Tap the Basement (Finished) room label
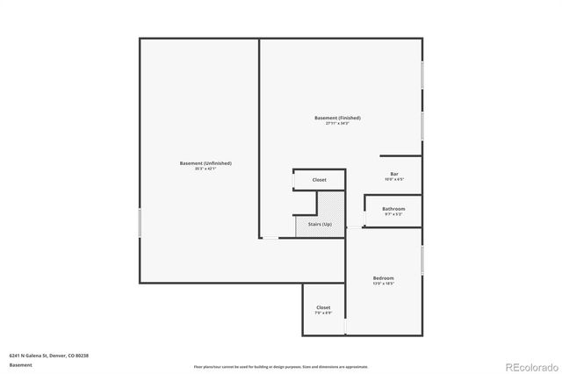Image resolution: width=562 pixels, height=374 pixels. [337, 118]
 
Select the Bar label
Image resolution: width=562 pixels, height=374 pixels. [393, 174]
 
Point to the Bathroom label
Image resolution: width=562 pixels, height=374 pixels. [393, 208]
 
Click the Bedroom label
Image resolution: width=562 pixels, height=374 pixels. [383, 278]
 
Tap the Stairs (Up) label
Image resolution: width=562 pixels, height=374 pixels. [320, 225]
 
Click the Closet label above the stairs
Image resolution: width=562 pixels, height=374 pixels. [319, 180]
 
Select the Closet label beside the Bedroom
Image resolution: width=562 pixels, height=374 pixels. [323, 307]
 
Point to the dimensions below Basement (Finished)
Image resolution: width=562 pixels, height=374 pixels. [337, 123]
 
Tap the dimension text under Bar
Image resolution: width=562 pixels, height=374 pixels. [393, 179]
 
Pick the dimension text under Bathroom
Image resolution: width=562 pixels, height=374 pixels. [393, 213]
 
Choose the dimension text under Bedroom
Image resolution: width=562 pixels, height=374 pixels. [383, 284]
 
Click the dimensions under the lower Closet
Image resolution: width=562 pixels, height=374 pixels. [323, 313]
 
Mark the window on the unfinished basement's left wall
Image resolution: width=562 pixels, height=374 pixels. [140, 220]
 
